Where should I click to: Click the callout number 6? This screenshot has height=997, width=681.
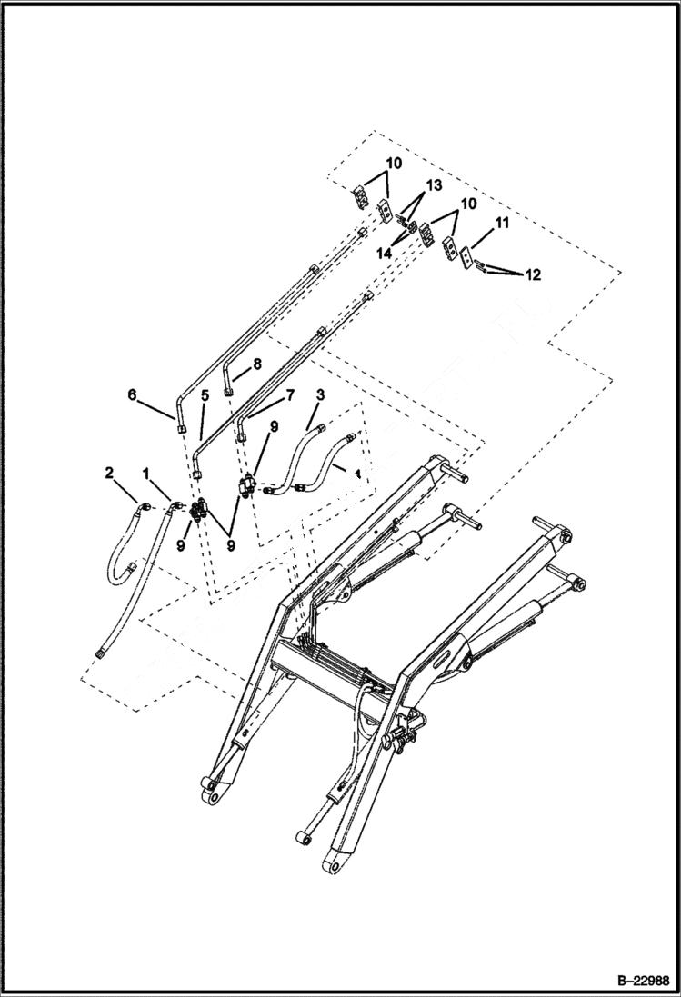[x=132, y=394]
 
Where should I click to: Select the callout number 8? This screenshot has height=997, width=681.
[x=256, y=363]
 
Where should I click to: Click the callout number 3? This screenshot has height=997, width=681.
[x=319, y=395]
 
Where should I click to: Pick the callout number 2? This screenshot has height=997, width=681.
[x=109, y=472]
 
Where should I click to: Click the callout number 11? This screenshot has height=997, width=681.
[x=502, y=222]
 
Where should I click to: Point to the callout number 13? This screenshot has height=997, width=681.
[x=434, y=185]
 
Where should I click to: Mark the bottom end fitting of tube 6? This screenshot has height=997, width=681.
[x=182, y=428]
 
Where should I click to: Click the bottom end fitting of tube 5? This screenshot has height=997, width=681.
[x=197, y=473]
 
